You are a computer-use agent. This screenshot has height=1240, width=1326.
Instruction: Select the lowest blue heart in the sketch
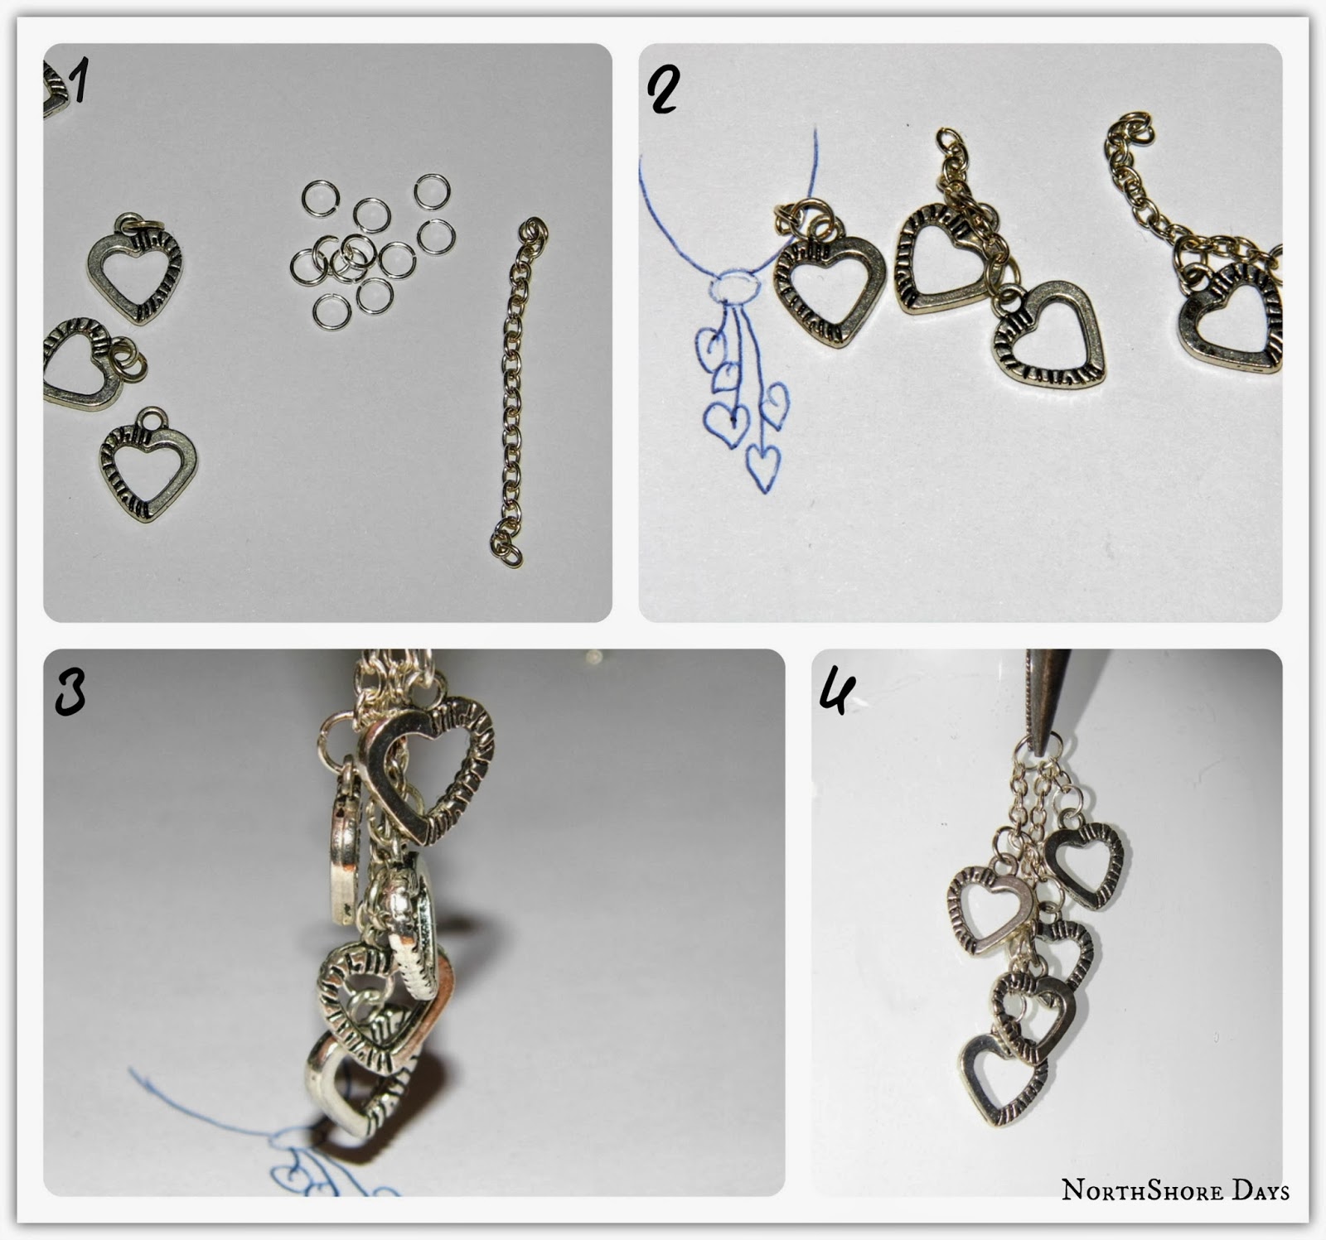762,467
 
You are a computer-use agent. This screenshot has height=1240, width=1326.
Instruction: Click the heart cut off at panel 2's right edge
1232,315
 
